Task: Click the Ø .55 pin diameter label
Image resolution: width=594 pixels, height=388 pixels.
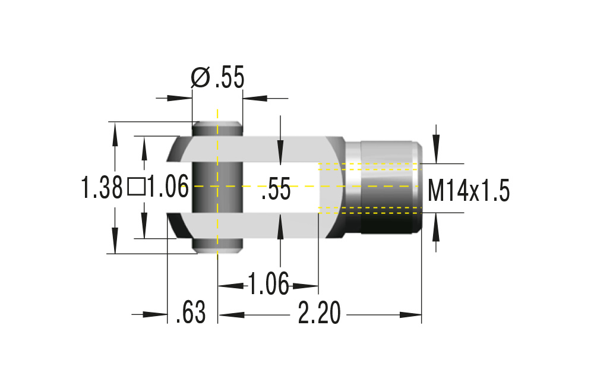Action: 217,78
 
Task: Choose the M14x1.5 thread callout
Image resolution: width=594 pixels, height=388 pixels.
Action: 469,191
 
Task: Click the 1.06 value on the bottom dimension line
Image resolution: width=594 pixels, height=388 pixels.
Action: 268,284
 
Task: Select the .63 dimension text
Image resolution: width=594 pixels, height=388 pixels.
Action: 191,313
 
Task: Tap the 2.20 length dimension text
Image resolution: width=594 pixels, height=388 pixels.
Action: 319,313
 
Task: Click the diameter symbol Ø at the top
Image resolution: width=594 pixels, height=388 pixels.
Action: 200,78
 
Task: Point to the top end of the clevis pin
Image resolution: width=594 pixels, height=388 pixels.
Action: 217,126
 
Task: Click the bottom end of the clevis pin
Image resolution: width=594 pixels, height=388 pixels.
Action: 217,248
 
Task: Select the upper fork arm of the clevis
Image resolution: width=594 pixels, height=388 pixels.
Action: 255,149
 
